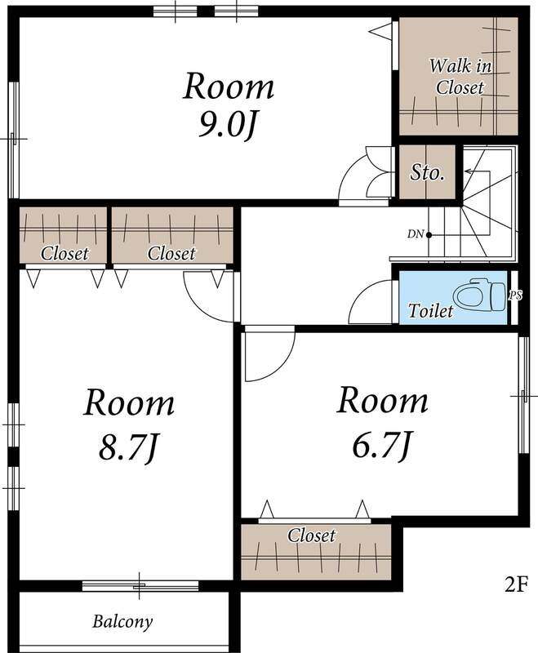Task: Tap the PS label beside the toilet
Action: (515, 295)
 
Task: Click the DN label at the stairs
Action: (416, 234)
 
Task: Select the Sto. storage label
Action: (427, 172)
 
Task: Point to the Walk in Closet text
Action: (460, 77)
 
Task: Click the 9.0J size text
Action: (226, 125)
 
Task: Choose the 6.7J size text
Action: (382, 445)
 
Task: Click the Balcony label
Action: (122, 622)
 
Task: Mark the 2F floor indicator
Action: (516, 585)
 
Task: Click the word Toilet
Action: (430, 311)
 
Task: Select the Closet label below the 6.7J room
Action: (311, 535)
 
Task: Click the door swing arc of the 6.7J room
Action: (282, 367)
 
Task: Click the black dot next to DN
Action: (429, 235)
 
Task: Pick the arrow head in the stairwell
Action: (468, 171)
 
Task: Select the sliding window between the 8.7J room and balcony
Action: (140, 585)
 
